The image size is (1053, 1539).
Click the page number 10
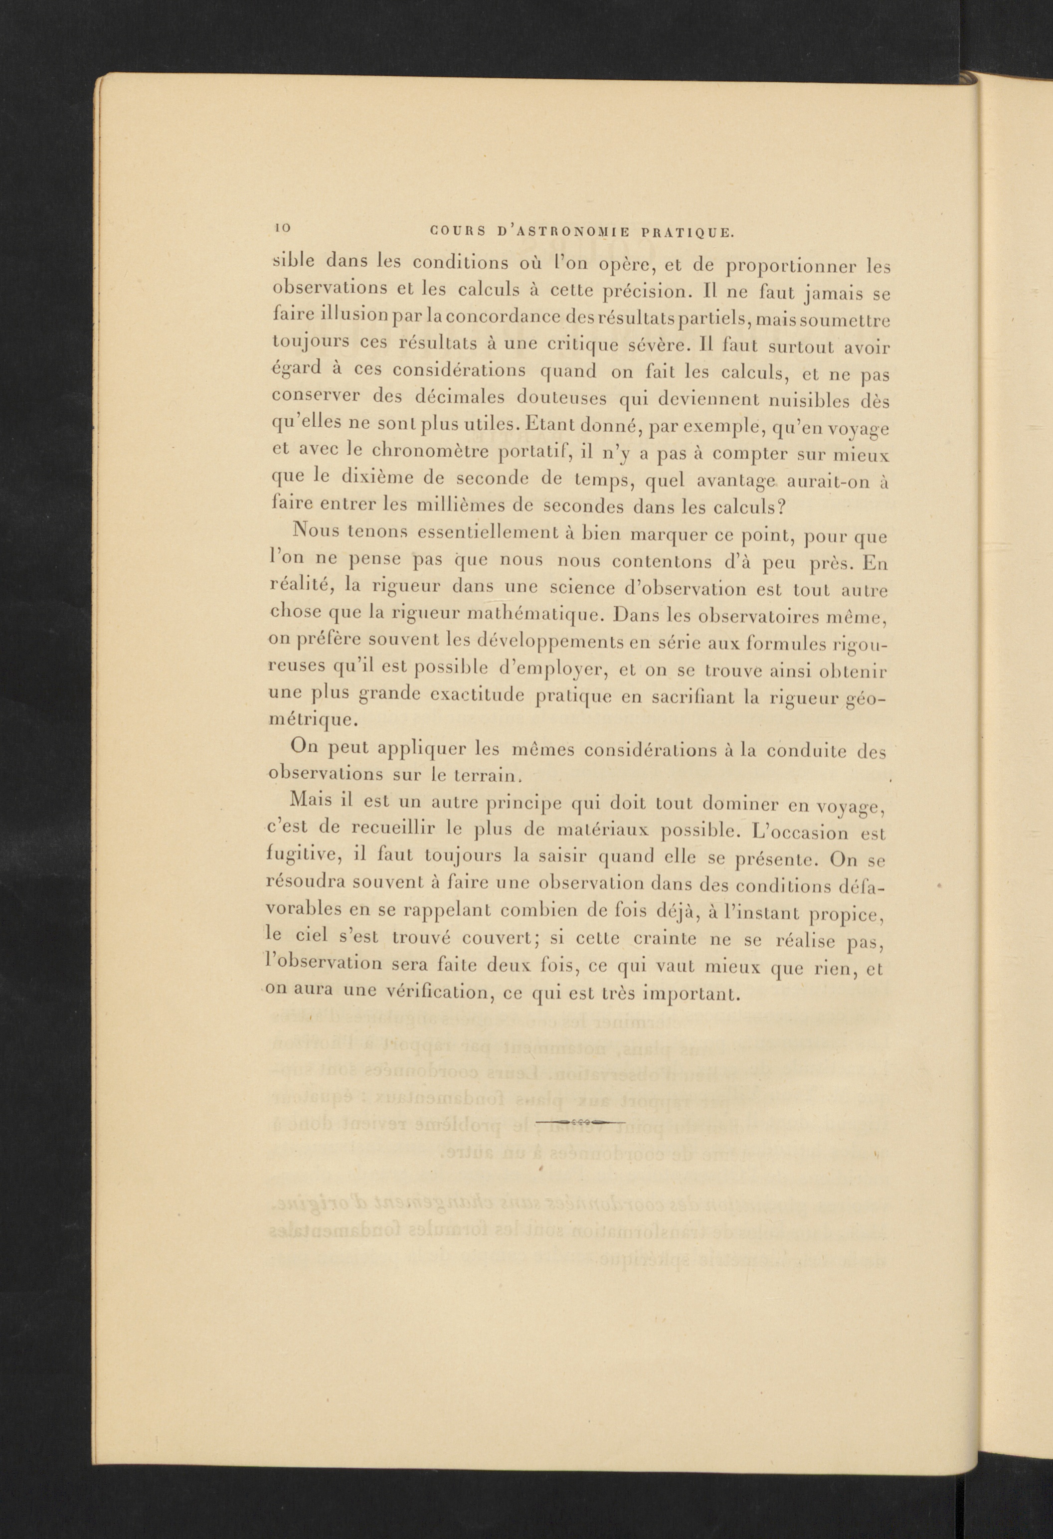coord(282,227)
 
